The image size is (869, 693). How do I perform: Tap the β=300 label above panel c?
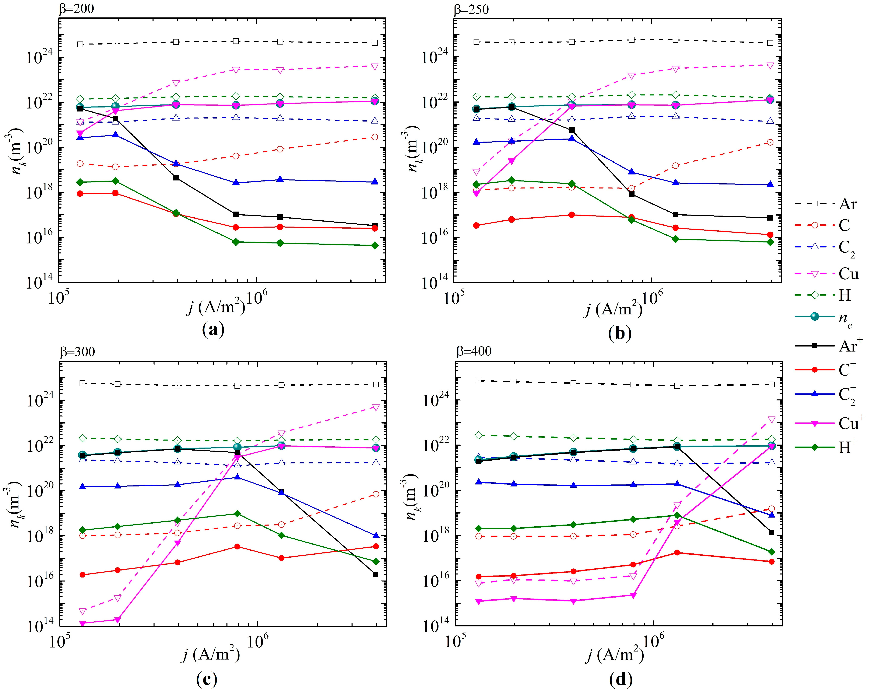click(x=77, y=352)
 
